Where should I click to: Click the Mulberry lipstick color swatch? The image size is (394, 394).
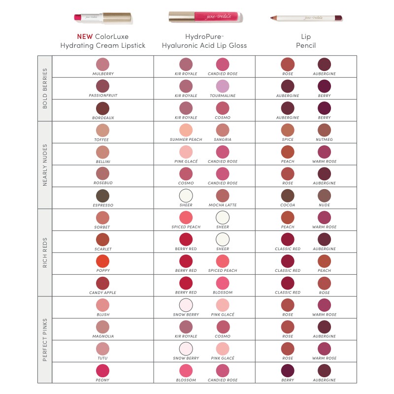102,64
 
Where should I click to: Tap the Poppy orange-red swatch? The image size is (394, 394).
102,261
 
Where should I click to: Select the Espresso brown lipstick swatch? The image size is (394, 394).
102,196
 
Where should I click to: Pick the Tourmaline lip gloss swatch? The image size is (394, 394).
223,86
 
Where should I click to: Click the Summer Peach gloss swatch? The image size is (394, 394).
186,130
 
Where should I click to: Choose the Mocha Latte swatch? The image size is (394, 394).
223,196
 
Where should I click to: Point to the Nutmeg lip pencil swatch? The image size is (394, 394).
324,130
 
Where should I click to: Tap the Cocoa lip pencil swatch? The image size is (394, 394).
288,196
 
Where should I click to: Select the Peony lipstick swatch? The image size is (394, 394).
102,371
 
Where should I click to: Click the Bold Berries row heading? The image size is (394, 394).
45,88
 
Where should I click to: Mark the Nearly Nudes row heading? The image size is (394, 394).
45,164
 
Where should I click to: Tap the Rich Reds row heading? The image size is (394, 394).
45,252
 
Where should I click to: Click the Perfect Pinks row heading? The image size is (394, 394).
45,340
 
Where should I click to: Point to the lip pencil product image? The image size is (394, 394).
306,18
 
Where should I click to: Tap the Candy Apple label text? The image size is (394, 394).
102,293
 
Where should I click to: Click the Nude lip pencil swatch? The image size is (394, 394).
324,196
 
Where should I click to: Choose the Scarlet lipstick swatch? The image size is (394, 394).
102,239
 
